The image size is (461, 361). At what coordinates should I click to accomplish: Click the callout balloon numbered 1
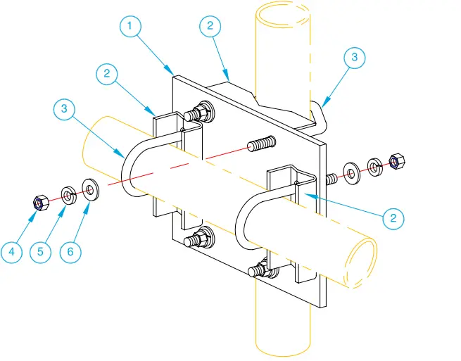(130, 27)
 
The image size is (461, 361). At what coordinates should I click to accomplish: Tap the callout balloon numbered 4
(12, 252)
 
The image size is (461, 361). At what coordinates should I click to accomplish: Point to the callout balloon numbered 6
(70, 252)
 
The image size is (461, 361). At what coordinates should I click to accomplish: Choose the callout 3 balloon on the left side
(64, 109)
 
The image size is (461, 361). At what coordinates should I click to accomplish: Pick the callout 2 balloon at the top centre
(209, 27)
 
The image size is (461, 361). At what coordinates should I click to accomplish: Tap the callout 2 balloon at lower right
(393, 217)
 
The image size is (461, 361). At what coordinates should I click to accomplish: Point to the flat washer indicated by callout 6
(91, 189)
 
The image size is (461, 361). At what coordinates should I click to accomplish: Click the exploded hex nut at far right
(395, 161)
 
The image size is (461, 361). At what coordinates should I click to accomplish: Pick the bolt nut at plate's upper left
(204, 111)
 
